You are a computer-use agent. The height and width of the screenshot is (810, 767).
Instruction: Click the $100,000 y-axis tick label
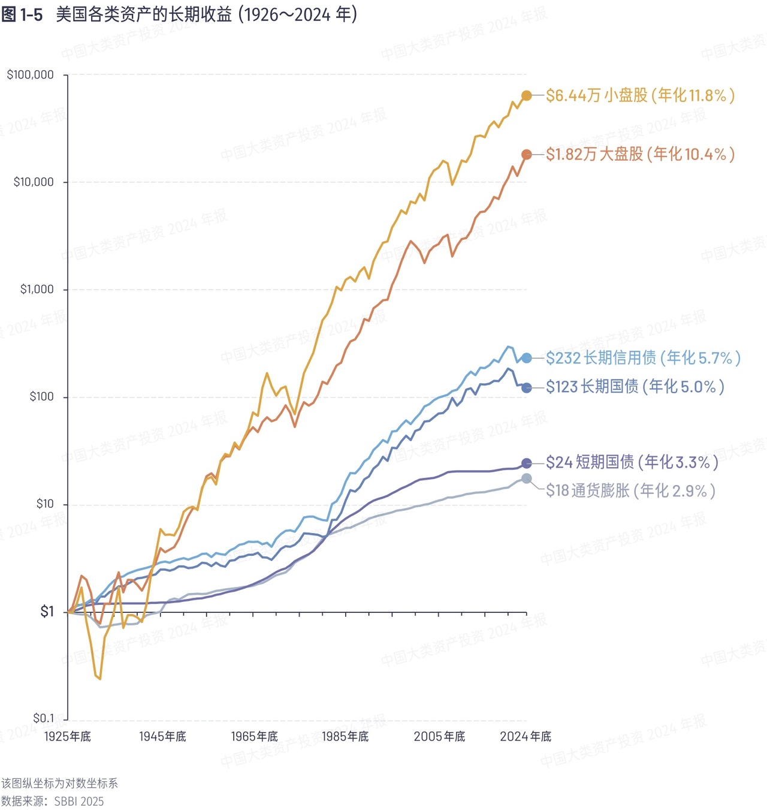point(30,75)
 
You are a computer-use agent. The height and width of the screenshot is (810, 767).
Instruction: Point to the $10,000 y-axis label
point(34,182)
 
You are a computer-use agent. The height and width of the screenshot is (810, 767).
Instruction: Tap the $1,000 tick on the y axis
point(37,290)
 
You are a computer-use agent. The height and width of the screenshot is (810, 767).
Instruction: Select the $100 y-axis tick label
point(41,397)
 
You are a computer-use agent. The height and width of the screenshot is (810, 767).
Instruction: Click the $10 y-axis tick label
point(45,504)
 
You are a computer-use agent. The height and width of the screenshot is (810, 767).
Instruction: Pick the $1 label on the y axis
point(47,612)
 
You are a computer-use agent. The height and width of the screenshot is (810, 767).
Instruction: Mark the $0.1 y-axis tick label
point(43,718)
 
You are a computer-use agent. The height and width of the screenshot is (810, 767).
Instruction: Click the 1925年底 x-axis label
point(67,737)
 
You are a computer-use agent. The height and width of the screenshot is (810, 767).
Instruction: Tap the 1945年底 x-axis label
point(162,737)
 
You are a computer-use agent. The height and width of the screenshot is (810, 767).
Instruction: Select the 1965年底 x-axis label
point(254,737)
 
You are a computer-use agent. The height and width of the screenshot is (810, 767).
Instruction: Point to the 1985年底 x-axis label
point(345,737)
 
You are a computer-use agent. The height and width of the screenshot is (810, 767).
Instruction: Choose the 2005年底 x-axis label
point(439,737)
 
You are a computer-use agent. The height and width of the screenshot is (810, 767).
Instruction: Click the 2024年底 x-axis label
point(526,737)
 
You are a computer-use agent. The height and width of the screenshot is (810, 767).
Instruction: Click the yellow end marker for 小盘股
point(527,95)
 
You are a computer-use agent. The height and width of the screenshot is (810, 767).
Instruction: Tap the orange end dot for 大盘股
point(527,154)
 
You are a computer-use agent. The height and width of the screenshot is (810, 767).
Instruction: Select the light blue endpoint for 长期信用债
point(527,358)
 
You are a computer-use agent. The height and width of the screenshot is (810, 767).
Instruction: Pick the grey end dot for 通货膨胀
point(527,478)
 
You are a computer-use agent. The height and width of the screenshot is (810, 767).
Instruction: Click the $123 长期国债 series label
point(635,387)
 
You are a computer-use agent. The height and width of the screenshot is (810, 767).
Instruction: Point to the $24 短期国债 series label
point(632,462)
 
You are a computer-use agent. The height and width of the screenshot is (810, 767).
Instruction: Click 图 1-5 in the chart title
point(22,14)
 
